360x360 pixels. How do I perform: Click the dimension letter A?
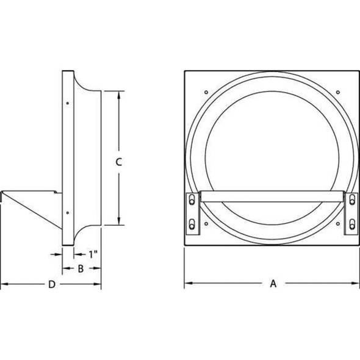273,284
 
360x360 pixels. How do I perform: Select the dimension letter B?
81,268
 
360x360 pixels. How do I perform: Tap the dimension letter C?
118,162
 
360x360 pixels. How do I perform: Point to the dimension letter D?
52,284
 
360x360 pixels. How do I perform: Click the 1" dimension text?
93,254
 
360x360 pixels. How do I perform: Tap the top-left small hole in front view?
206,92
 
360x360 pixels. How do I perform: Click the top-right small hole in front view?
338,92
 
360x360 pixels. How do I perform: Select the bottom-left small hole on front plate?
206,223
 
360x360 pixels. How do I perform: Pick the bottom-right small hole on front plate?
338,223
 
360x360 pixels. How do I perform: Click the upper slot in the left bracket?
192,200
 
